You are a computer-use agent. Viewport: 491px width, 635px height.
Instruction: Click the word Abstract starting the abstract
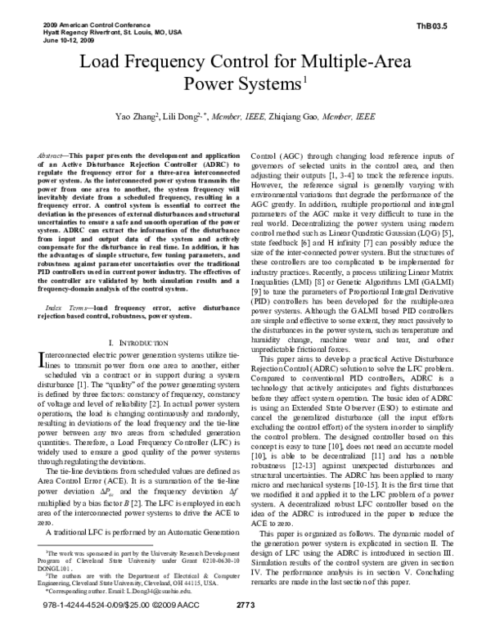pyautogui.click(x=52, y=155)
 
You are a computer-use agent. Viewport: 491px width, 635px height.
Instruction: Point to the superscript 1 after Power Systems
pyautogui.click(x=304, y=79)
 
